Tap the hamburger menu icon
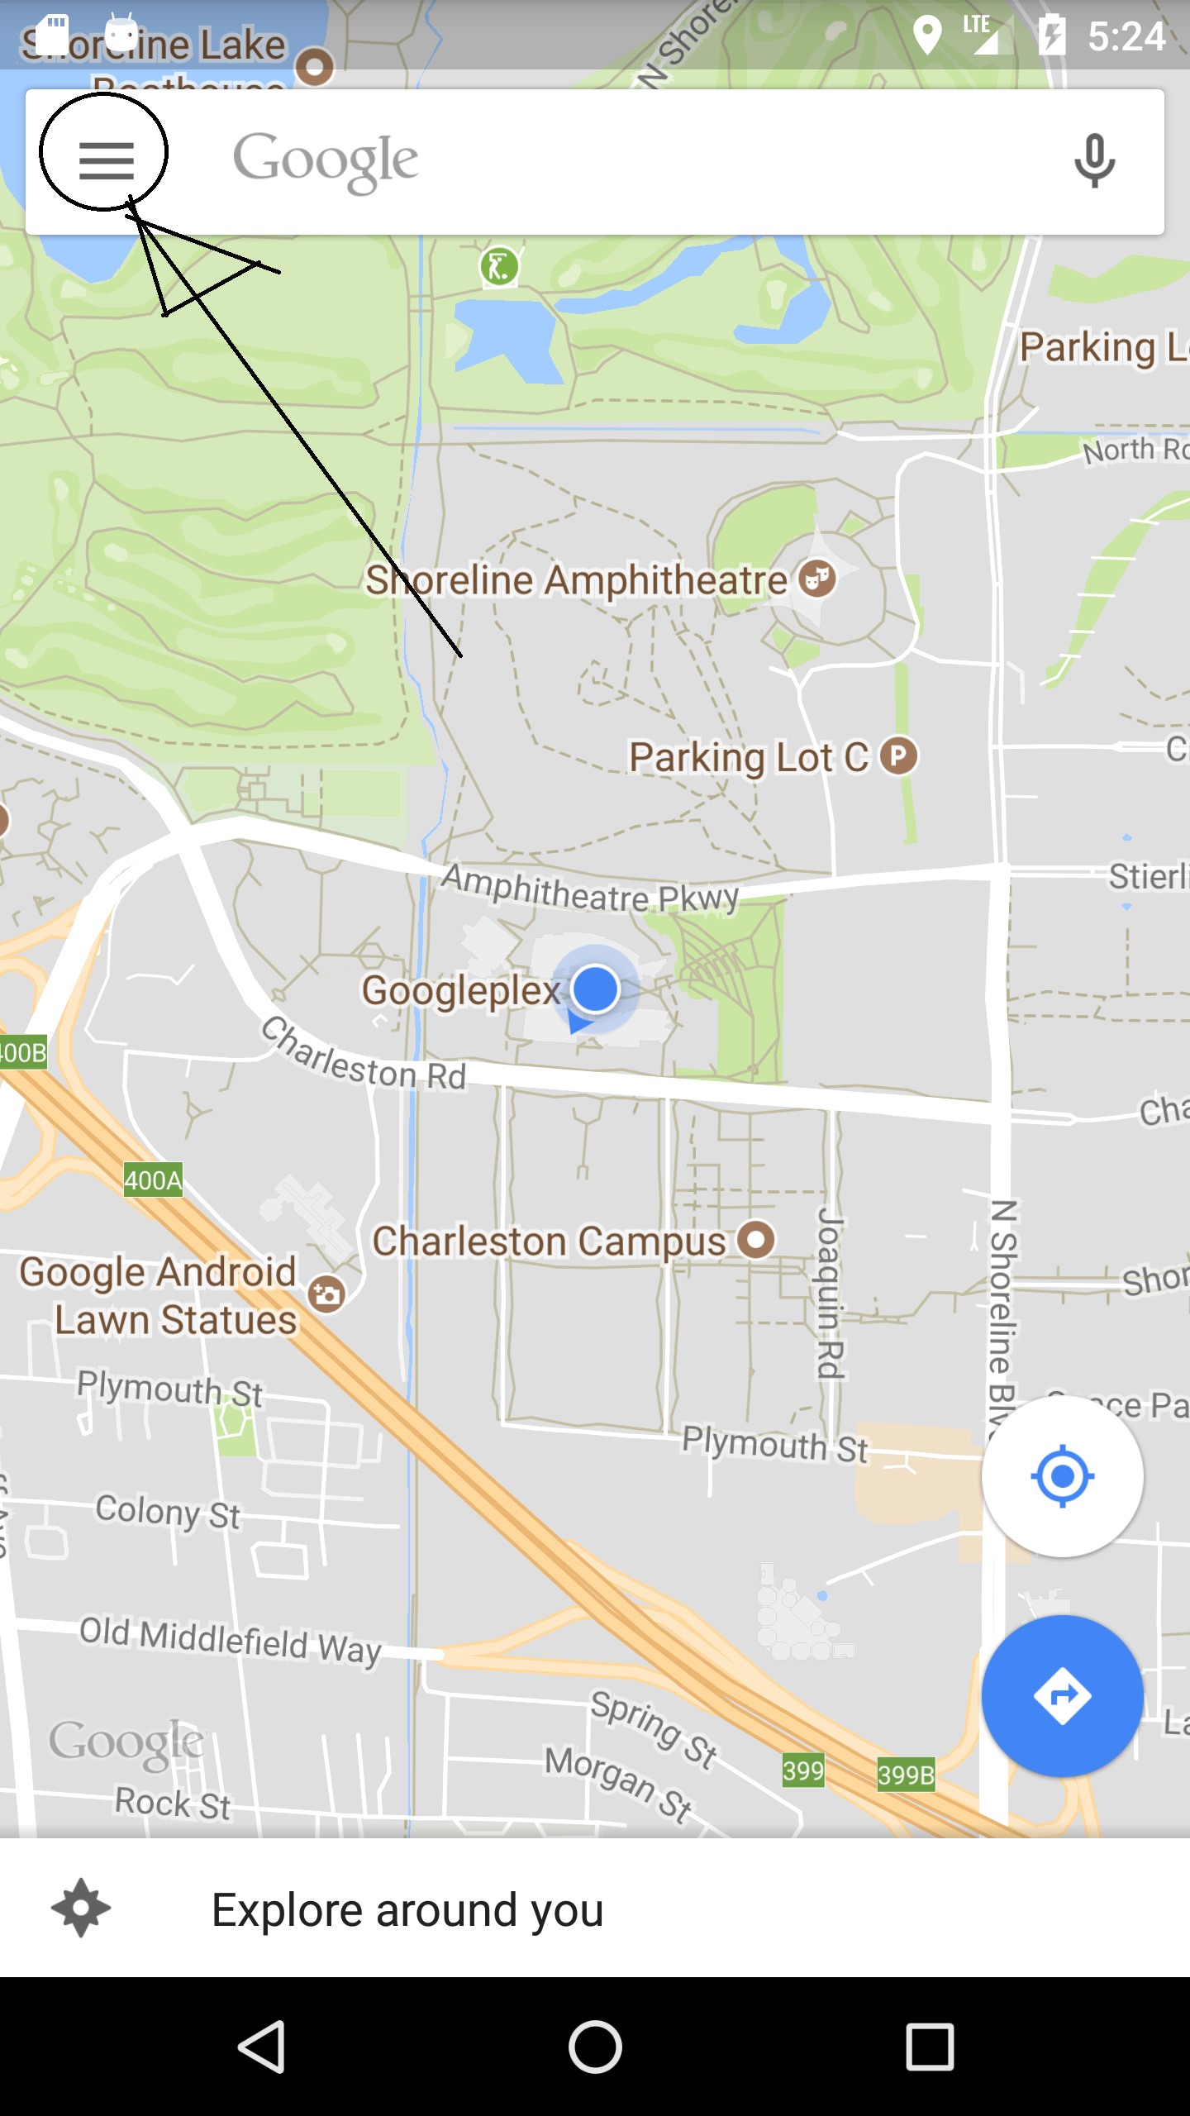click(x=106, y=160)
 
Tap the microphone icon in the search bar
click(x=1094, y=160)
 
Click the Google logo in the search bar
click(x=326, y=160)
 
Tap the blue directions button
click(x=1062, y=1696)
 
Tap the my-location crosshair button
click(x=1062, y=1475)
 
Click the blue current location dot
click(x=595, y=989)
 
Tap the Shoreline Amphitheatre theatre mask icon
click(x=817, y=578)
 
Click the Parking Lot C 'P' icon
click(x=898, y=755)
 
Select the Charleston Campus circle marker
click(x=756, y=1240)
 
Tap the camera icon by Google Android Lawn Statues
click(x=326, y=1293)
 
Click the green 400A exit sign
click(x=153, y=1180)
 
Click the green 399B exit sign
click(x=906, y=1775)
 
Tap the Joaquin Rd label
click(x=831, y=1293)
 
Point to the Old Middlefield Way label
click(x=230, y=1638)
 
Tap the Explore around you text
click(x=407, y=1910)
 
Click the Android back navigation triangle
click(x=263, y=2047)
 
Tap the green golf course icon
click(x=499, y=267)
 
